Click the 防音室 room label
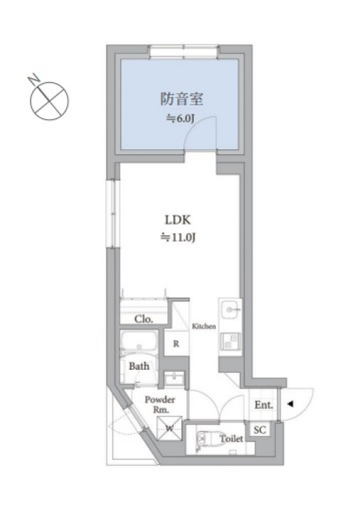coord(181,99)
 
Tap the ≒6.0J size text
coord(180,119)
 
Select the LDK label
coord(178,220)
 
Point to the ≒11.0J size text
coord(177,238)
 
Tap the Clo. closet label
coord(144,319)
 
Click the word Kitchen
coord(204,326)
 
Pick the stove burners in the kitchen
coord(231,341)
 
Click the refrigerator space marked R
coord(176,343)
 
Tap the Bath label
coord(139,366)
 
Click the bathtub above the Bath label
coord(139,341)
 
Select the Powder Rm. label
coord(160,405)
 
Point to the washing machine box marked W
coord(169,428)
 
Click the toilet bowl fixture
coord(205,439)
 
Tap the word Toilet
coord(231,439)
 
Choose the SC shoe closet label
coord(260,430)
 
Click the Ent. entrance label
coord(264,405)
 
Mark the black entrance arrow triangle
coord(290,404)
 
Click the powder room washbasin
coord(174,380)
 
